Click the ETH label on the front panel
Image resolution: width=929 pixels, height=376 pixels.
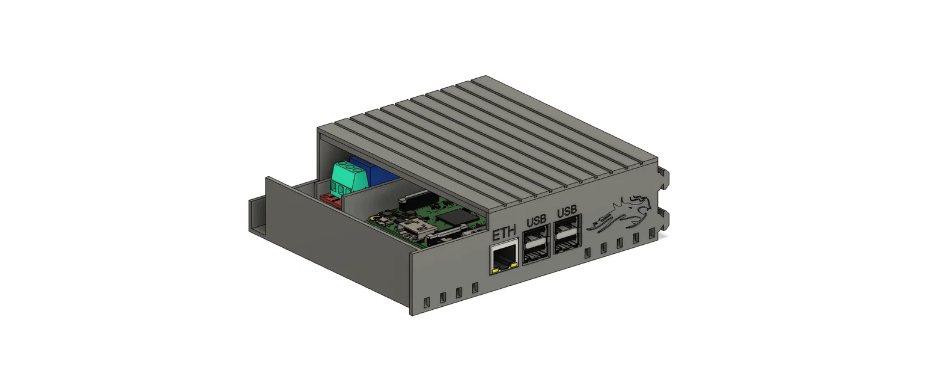(504, 233)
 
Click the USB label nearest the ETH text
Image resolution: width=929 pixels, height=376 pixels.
(536, 221)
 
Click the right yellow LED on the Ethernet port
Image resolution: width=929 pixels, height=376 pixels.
(514, 265)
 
